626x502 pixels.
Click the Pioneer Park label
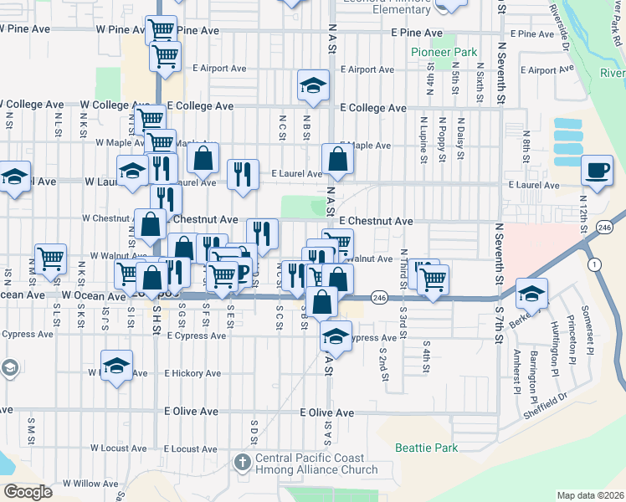[444, 52]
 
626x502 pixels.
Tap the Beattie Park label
[427, 448]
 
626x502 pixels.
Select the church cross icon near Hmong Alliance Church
[242, 463]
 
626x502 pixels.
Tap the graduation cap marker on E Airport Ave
[313, 85]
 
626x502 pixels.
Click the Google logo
[27, 491]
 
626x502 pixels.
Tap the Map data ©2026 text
[590, 495]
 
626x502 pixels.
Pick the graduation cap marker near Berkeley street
[531, 294]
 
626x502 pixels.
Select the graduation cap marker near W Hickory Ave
[116, 366]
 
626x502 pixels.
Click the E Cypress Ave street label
[196, 336]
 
